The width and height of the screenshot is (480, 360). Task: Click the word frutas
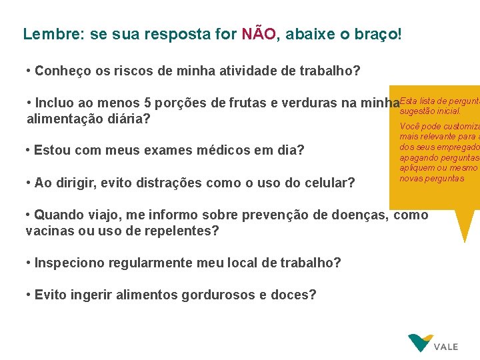pos(247,103)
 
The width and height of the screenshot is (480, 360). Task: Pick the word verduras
pos(313,103)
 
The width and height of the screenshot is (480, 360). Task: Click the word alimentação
pos(61,119)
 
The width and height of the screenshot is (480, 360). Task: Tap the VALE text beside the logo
pos(446,347)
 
